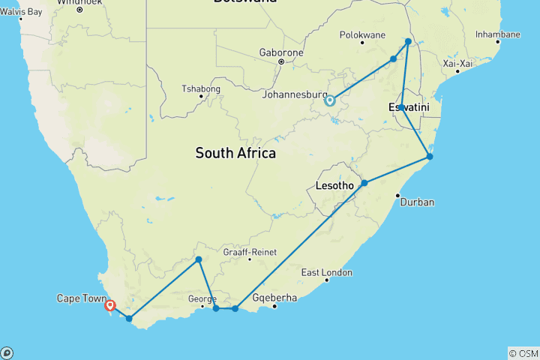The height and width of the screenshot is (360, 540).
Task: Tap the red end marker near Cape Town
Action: click(110, 305)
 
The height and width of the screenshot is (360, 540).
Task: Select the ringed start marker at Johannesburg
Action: click(329, 100)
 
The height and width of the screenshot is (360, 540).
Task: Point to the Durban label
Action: click(418, 202)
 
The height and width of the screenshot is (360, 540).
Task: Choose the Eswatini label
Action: click(409, 109)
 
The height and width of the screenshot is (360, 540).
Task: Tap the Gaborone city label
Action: click(281, 52)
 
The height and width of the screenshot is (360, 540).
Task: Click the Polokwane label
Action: click(362, 35)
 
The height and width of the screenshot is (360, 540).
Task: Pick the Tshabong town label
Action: click(201, 88)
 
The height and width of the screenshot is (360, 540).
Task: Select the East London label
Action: click(327, 272)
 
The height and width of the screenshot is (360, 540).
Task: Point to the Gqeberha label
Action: click(275, 298)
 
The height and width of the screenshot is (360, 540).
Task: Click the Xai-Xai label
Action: click(457, 64)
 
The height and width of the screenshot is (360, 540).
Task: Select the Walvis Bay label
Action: click(21, 11)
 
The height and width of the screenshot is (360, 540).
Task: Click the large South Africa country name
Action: click(235, 153)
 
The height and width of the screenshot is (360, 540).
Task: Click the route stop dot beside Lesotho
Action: click(364, 183)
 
